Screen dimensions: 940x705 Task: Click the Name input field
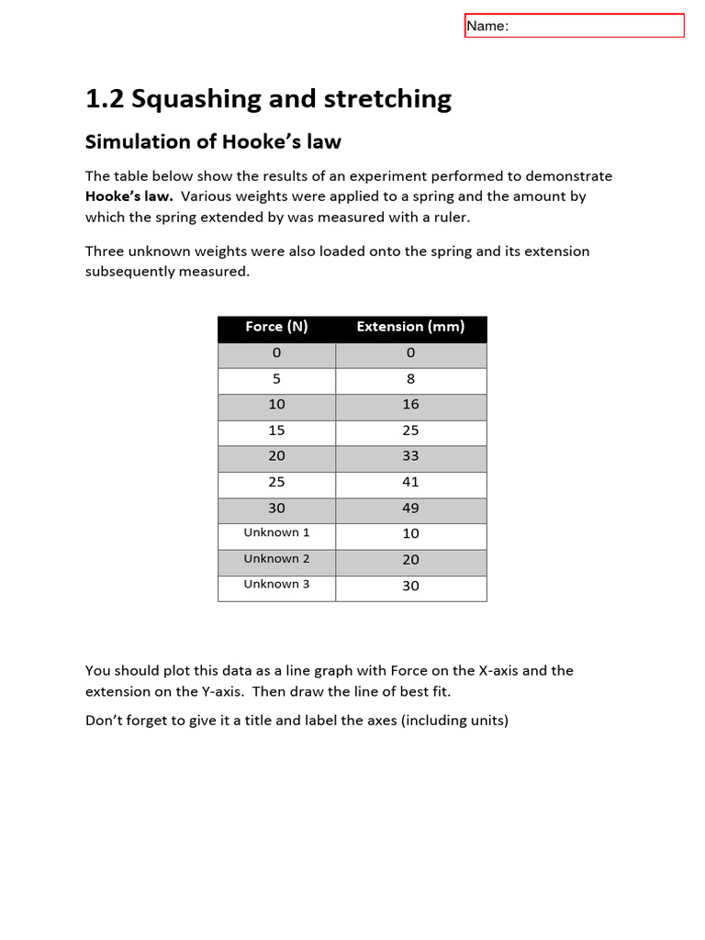tap(575, 26)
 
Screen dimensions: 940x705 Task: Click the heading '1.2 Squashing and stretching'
tap(268, 99)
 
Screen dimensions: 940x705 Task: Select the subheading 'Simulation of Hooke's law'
tap(213, 141)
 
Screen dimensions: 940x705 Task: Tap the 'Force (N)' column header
tap(276, 327)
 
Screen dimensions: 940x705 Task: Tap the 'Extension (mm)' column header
tap(410, 327)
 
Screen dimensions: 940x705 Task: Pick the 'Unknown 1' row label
tap(276, 532)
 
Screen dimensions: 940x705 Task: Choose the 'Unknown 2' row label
tap(276, 558)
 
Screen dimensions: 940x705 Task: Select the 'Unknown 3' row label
tap(276, 584)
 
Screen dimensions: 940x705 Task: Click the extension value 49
tap(410, 508)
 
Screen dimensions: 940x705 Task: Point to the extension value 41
tap(410, 482)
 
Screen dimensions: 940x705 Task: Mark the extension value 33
tap(410, 456)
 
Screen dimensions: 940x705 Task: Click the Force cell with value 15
tap(276, 431)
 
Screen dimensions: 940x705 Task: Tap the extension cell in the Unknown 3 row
tap(410, 586)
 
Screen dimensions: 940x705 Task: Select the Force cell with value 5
tap(276, 378)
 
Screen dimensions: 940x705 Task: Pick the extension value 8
tap(410, 378)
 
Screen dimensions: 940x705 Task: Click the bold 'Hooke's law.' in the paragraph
tap(129, 196)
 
